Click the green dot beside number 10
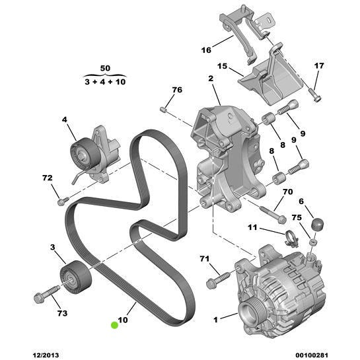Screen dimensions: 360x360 point(114,325)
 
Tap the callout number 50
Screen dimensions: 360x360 point(105,68)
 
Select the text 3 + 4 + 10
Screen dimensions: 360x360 point(105,81)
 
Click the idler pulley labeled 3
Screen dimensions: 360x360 point(75,277)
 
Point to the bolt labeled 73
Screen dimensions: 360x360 point(46,294)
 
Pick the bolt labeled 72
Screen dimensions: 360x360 point(63,201)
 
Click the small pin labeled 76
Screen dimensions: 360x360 point(162,110)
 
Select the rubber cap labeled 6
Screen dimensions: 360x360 point(317,224)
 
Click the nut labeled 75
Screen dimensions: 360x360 point(313,242)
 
